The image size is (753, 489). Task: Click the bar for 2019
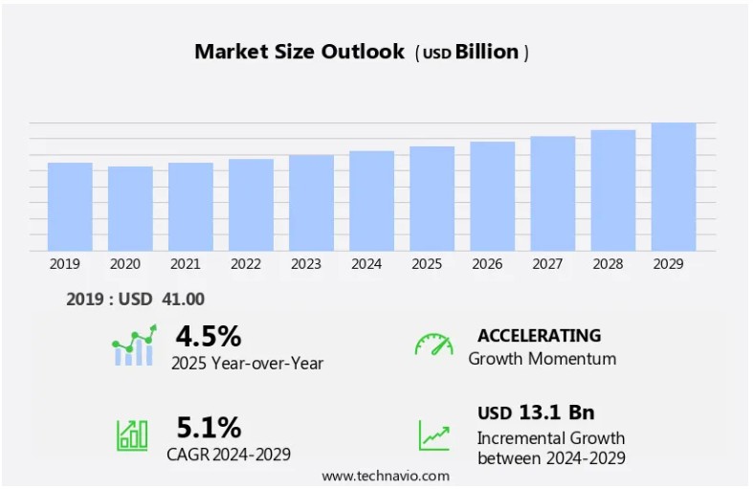pos(70,207)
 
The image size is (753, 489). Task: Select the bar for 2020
pos(130,209)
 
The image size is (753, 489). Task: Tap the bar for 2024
pos(371,201)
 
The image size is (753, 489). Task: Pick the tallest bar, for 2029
pos(674,187)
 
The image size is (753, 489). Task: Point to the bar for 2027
pos(553,193)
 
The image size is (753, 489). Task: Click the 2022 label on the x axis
pos(246,264)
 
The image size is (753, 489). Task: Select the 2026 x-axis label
pos(487,264)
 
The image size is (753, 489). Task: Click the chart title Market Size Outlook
pos(299,52)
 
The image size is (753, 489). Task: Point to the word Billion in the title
pos(486,52)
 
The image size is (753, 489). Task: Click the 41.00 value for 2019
pos(183,300)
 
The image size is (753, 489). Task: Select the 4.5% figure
pos(209,337)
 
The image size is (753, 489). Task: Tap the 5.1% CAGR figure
pos(209,427)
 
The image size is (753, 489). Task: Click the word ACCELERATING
pos(539,336)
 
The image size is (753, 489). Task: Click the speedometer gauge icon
pos(433,345)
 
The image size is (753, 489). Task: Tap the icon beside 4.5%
pos(133,345)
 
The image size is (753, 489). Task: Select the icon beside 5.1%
pos(132,434)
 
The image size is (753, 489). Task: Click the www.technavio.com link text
pos(386,476)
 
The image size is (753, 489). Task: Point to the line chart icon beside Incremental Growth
pos(433,435)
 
